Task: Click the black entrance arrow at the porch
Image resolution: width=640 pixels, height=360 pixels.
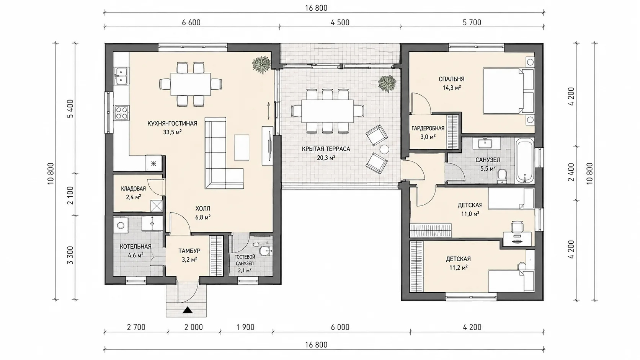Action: [x=187, y=310]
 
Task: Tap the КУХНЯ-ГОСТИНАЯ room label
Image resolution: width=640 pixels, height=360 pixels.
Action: [x=172, y=124]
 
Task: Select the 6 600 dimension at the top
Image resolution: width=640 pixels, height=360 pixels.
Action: [x=191, y=22]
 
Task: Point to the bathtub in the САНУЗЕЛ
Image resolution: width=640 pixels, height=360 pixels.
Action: [x=524, y=160]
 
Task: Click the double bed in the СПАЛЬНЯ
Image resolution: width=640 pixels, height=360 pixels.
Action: [x=508, y=91]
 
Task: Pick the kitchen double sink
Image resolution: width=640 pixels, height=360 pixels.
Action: [x=122, y=76]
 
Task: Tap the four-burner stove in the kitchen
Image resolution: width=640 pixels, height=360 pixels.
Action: [x=122, y=112]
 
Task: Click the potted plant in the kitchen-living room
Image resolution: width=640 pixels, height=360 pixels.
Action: [x=261, y=65]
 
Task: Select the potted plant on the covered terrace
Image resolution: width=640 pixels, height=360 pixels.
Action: [x=387, y=84]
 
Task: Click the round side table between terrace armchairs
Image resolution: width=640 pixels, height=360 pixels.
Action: [x=384, y=149]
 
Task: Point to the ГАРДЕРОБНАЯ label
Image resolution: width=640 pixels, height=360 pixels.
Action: [x=428, y=129]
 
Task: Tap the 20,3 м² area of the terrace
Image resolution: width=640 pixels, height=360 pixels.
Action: [x=326, y=158]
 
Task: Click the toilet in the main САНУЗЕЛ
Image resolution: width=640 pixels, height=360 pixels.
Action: [x=502, y=176]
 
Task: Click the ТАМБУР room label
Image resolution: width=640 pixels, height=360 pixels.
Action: [x=189, y=251]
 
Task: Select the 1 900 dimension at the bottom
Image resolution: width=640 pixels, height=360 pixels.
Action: [x=245, y=327]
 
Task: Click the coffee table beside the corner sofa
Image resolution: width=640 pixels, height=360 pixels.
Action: [x=242, y=147]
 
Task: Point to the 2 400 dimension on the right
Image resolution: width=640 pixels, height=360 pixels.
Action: [x=571, y=172]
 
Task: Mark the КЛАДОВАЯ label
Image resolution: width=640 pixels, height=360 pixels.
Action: [x=134, y=189]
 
